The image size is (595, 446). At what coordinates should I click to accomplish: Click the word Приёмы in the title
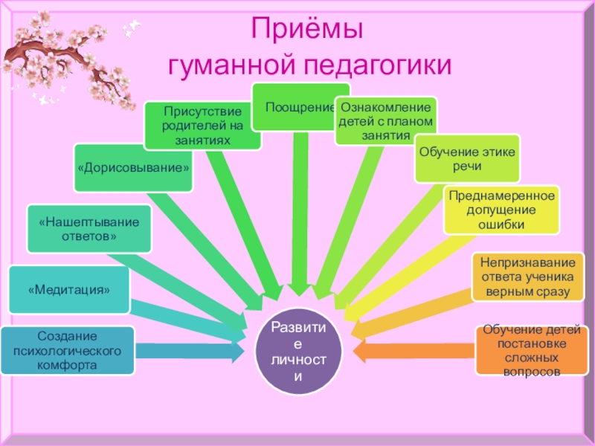point(306,32)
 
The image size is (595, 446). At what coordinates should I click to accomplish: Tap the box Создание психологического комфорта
point(68,350)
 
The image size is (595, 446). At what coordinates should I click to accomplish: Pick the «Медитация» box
point(69,289)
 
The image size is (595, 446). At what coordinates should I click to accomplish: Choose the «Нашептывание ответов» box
point(89,229)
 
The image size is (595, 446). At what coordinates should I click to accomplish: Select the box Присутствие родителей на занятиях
point(202,126)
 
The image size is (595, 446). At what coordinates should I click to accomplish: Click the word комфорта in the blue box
point(68,366)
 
